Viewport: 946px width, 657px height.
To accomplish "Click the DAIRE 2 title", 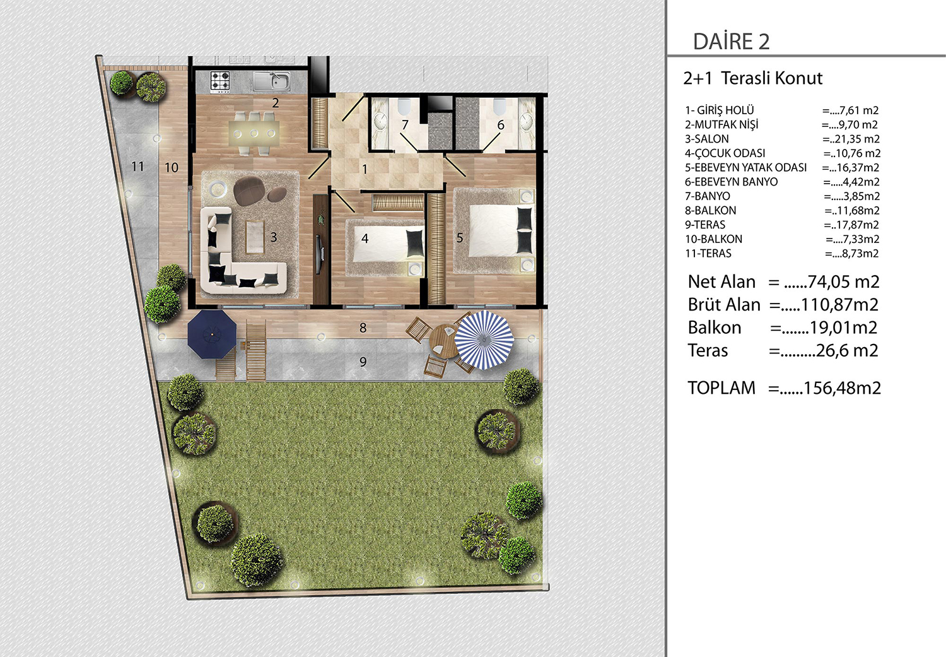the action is [x=732, y=42].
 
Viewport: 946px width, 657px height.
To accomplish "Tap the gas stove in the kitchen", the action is [x=220, y=81].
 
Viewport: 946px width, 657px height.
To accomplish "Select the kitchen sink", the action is [x=272, y=81].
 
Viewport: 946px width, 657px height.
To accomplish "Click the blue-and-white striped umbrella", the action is [x=484, y=340].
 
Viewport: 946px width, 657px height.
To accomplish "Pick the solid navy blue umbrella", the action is [x=211, y=334].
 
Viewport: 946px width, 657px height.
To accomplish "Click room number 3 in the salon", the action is [x=274, y=237].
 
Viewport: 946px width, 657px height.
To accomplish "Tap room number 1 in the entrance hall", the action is [x=365, y=170].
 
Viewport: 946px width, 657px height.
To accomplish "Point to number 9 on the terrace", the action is [x=363, y=362].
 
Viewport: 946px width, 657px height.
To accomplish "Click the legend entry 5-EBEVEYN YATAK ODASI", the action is [x=745, y=168].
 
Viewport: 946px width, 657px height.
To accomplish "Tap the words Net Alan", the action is [x=721, y=282].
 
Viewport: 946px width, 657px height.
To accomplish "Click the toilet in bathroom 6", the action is [x=499, y=106].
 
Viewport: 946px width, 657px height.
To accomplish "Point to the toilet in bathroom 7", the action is [x=404, y=106].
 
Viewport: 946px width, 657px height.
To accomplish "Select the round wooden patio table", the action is [x=444, y=341].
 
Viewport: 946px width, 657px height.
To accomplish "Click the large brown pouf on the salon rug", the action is [x=249, y=191].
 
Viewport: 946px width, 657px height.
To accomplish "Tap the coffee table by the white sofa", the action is [x=255, y=237].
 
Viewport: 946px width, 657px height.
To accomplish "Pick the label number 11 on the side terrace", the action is [x=137, y=167].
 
